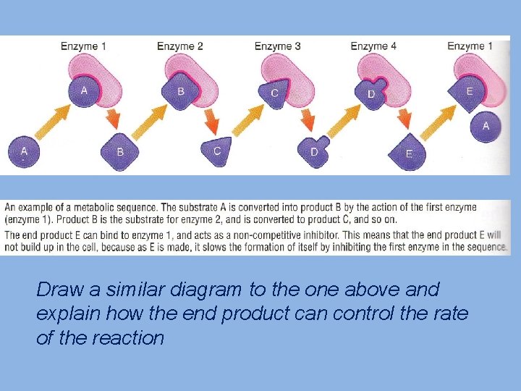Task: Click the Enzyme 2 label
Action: pos(179,46)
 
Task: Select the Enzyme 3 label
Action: pos(278,46)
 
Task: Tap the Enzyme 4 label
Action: pos(373,46)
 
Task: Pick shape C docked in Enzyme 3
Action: pos(274,93)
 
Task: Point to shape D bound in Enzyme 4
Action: pos(371,93)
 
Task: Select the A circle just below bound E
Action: pos(485,126)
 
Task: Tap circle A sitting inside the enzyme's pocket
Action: pos(84,91)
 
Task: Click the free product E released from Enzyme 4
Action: pos(410,153)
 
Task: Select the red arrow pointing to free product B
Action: pos(114,119)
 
